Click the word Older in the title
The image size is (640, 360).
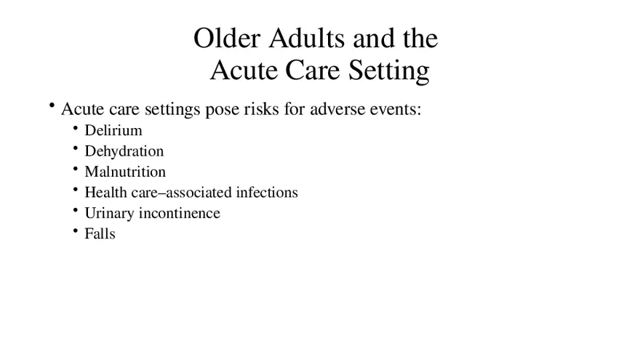pyautogui.click(x=227, y=39)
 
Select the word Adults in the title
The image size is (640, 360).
pyautogui.click(x=307, y=39)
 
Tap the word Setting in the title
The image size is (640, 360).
pyautogui.click(x=388, y=71)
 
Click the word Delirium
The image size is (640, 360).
pyautogui.click(x=113, y=130)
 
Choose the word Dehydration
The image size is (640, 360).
pyautogui.click(x=124, y=151)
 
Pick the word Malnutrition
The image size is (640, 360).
pyautogui.click(x=125, y=172)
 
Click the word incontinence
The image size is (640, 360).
pyautogui.click(x=180, y=213)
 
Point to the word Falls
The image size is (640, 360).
pyautogui.click(x=100, y=234)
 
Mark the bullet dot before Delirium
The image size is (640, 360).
pyautogui.click(x=76, y=128)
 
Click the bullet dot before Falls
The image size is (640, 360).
pyautogui.click(x=76, y=231)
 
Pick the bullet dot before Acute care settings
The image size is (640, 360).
pyautogui.click(x=52, y=105)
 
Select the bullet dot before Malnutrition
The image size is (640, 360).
pyautogui.click(x=76, y=169)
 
